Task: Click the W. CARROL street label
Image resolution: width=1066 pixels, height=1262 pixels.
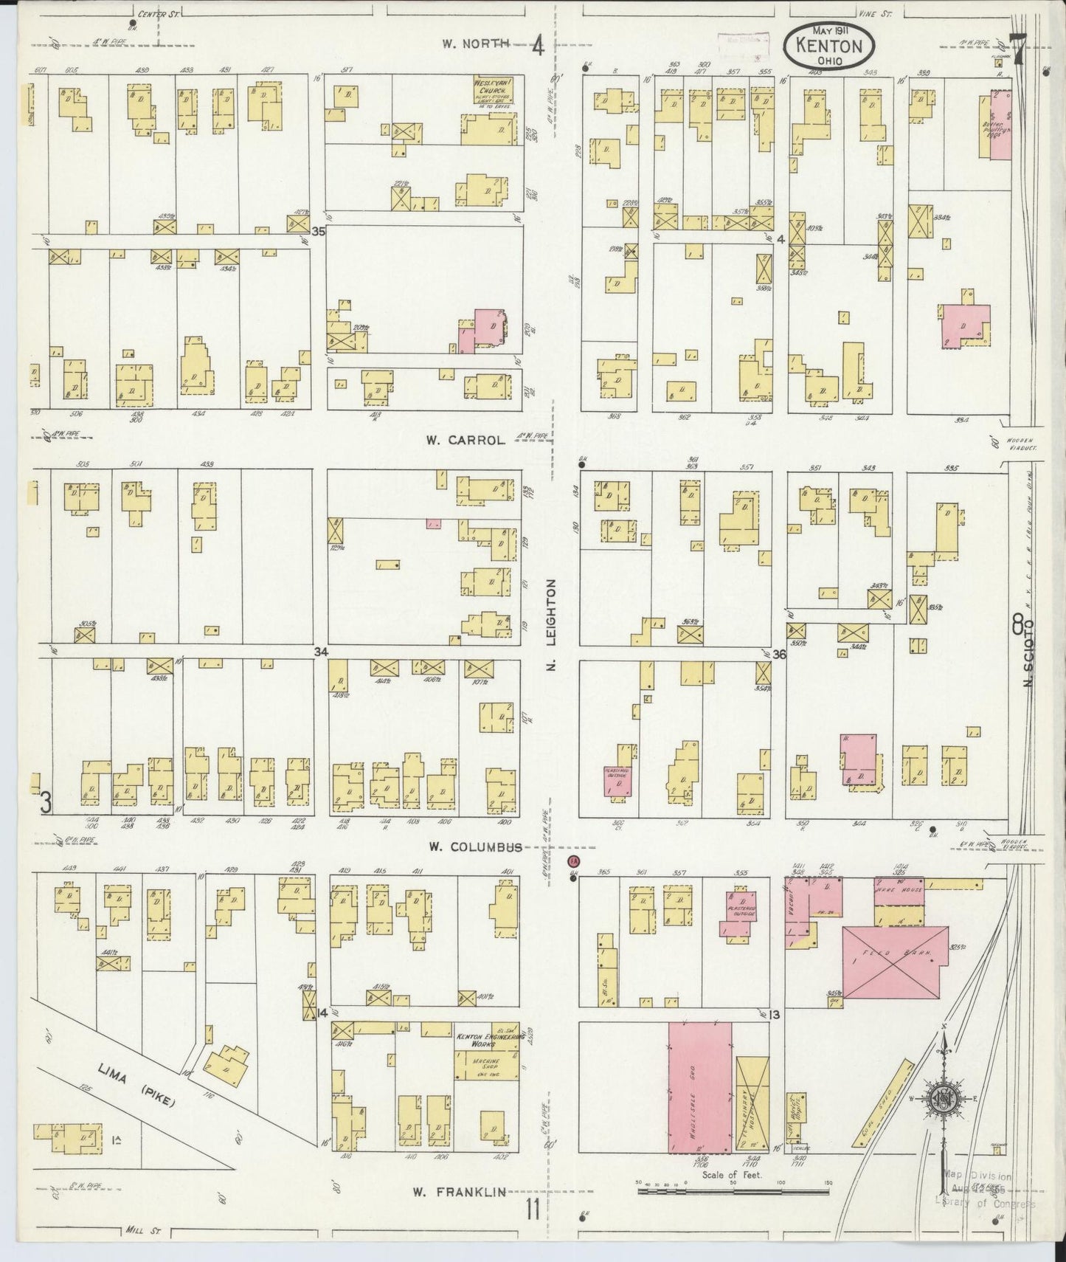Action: [465, 440]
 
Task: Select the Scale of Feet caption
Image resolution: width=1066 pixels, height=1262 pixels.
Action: [732, 1175]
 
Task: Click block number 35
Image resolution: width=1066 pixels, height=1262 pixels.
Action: [318, 231]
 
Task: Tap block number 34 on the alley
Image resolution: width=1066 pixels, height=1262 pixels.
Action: [319, 652]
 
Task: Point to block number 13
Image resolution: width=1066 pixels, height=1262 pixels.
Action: [773, 1015]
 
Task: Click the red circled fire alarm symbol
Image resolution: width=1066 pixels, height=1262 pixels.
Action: [573, 861]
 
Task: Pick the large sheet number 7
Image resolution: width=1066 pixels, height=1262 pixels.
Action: [1019, 54]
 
